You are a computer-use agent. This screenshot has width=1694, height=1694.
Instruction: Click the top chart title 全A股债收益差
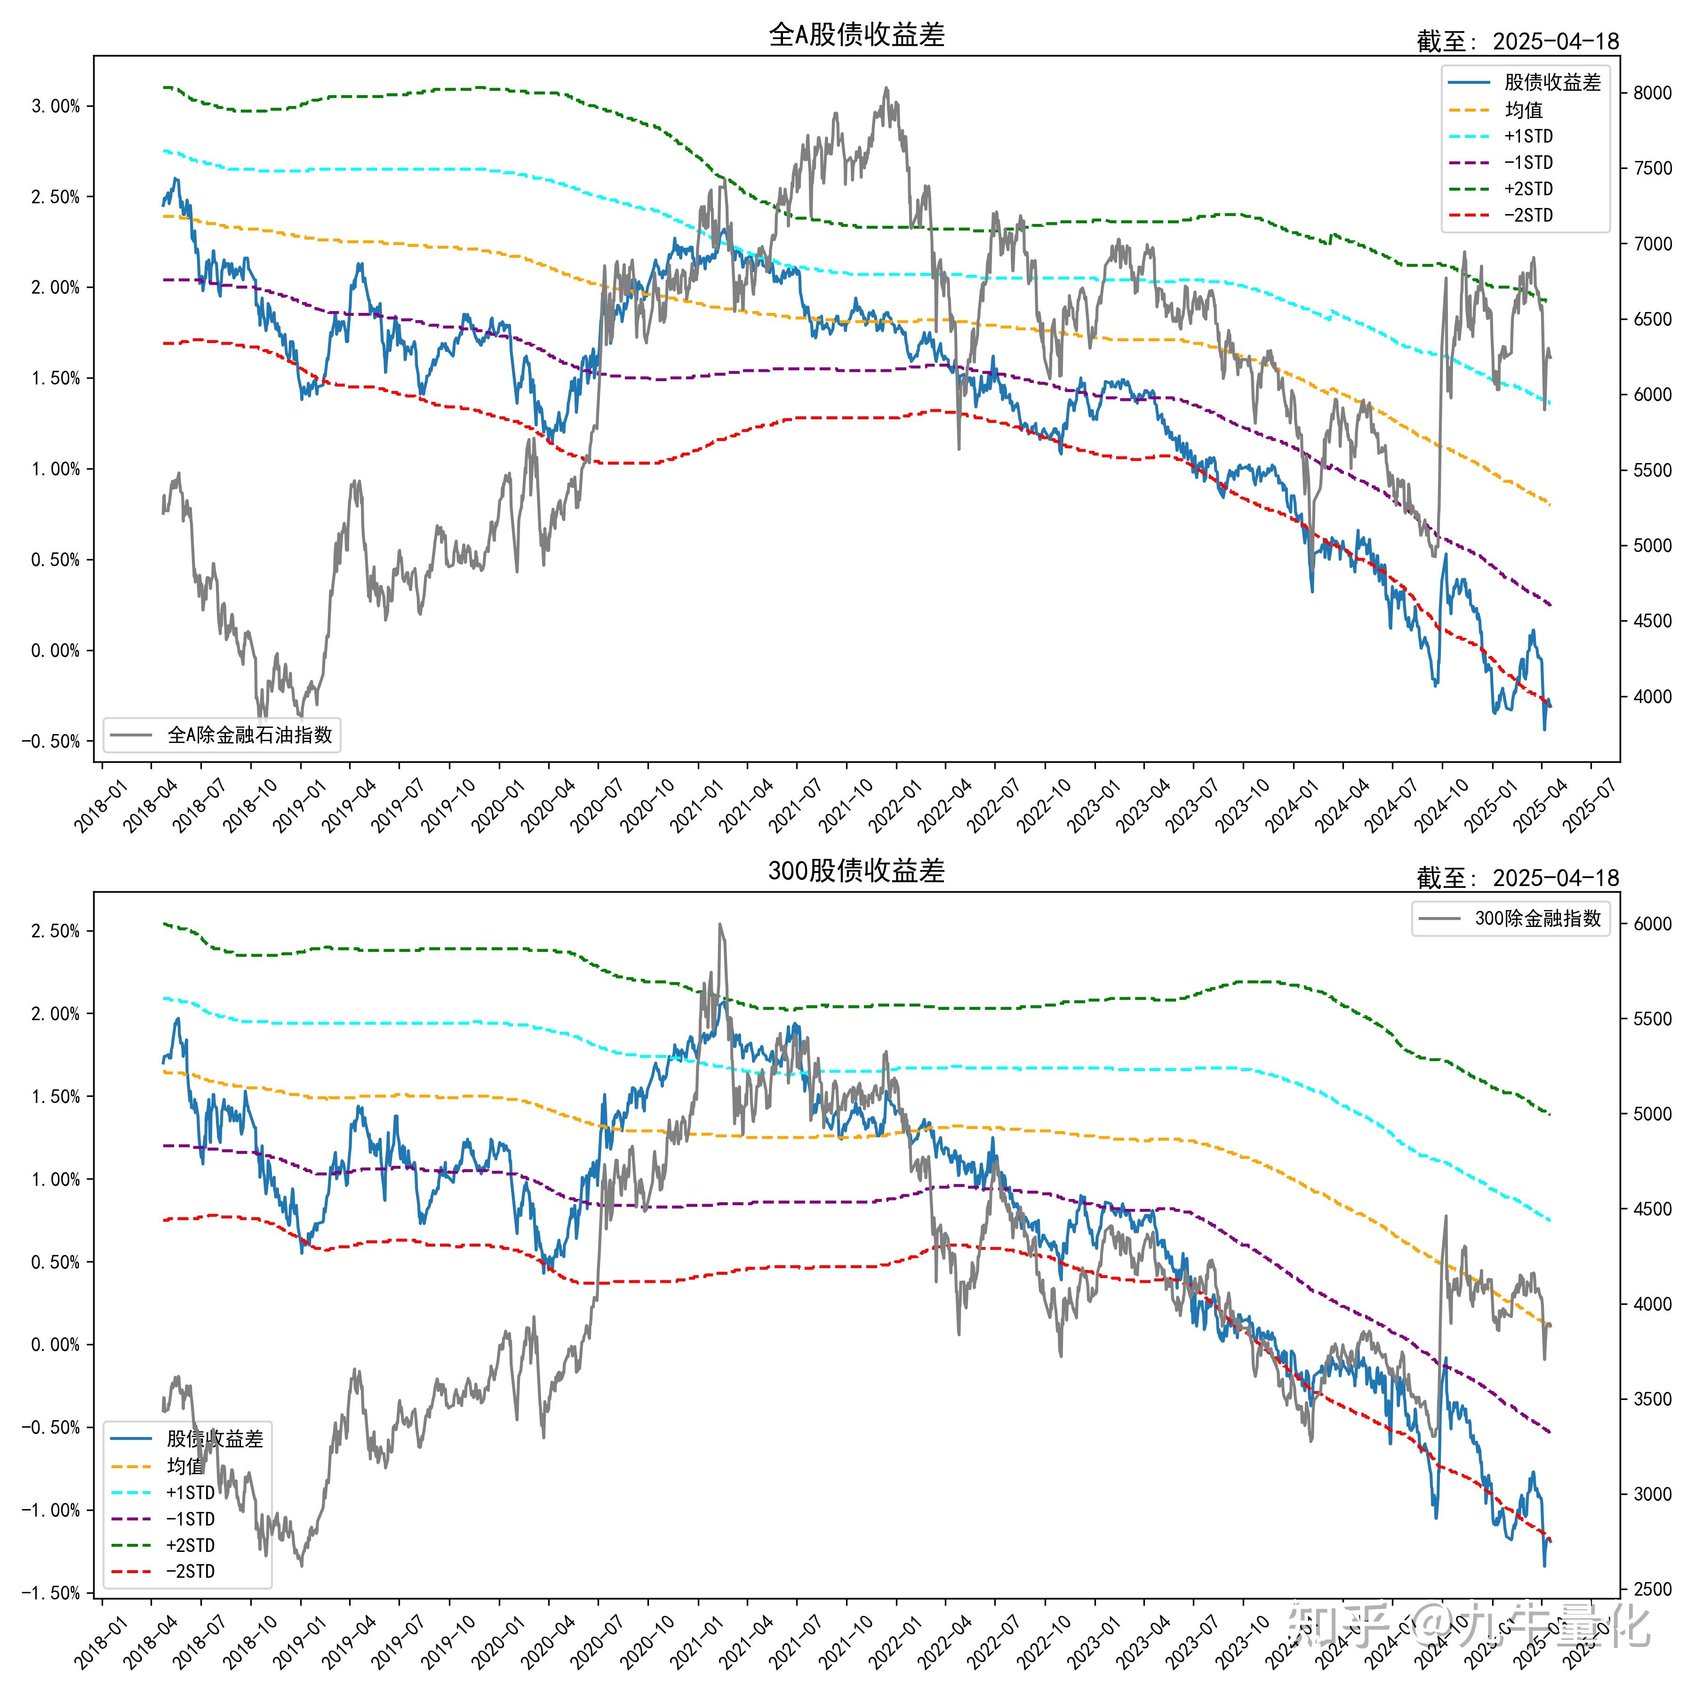(x=856, y=35)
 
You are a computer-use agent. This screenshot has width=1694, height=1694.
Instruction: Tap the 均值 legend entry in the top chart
(x=1524, y=110)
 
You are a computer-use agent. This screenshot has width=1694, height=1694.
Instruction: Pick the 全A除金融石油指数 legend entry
(x=249, y=735)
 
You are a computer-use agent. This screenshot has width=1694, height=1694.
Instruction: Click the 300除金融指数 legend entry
(x=1537, y=918)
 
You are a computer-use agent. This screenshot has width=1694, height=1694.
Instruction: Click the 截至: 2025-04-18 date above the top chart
(x=1517, y=41)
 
